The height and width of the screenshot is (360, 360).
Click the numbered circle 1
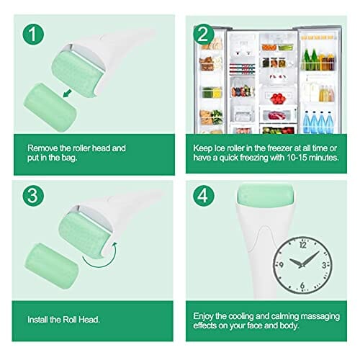(x=33, y=34)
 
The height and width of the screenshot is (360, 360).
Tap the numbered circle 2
(x=204, y=34)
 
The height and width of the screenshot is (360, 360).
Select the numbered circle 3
(x=33, y=196)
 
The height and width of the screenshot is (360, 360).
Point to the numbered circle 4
(x=204, y=196)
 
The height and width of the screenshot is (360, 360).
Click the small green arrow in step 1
(x=67, y=94)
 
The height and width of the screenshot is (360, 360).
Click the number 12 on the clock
(x=303, y=245)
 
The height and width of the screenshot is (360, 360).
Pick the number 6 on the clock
(x=302, y=285)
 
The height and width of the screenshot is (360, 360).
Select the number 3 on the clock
(x=324, y=265)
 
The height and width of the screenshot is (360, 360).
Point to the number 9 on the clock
(x=282, y=265)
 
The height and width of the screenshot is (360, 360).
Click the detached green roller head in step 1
(x=50, y=107)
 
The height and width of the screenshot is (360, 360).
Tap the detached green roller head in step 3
(x=51, y=266)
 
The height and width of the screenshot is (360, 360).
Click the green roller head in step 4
(x=266, y=195)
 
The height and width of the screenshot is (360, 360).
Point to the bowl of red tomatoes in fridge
(x=278, y=99)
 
